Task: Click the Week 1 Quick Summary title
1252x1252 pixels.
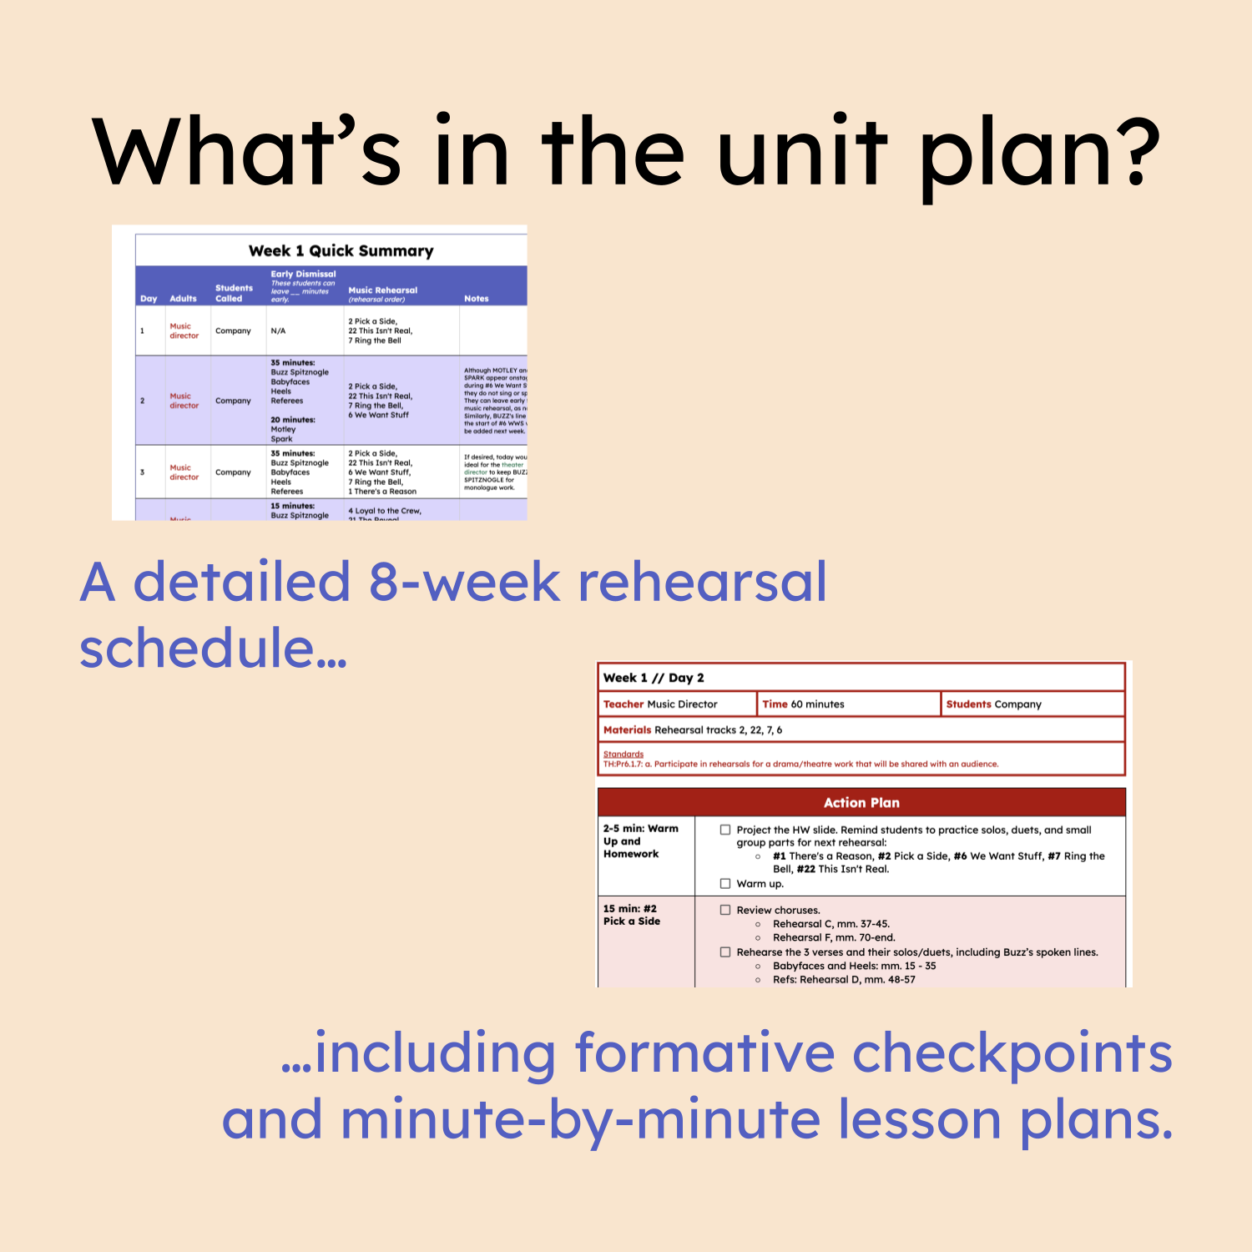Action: click(341, 251)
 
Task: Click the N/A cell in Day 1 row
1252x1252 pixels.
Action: click(278, 331)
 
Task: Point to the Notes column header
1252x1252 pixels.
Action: click(477, 298)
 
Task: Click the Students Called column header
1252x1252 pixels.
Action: click(234, 293)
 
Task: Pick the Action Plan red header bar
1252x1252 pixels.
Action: click(861, 803)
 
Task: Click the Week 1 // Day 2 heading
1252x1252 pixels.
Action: click(654, 678)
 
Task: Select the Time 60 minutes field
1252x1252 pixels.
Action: click(803, 704)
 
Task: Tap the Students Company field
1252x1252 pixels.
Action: click(993, 704)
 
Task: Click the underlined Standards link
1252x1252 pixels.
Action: click(623, 754)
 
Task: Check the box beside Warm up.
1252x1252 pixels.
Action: click(725, 883)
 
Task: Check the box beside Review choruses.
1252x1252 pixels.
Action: click(725, 910)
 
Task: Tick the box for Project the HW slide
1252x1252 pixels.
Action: click(725, 830)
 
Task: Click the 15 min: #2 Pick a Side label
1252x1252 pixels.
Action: click(632, 915)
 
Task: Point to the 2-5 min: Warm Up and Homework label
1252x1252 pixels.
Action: click(640, 841)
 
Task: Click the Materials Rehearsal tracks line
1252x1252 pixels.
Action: click(693, 729)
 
